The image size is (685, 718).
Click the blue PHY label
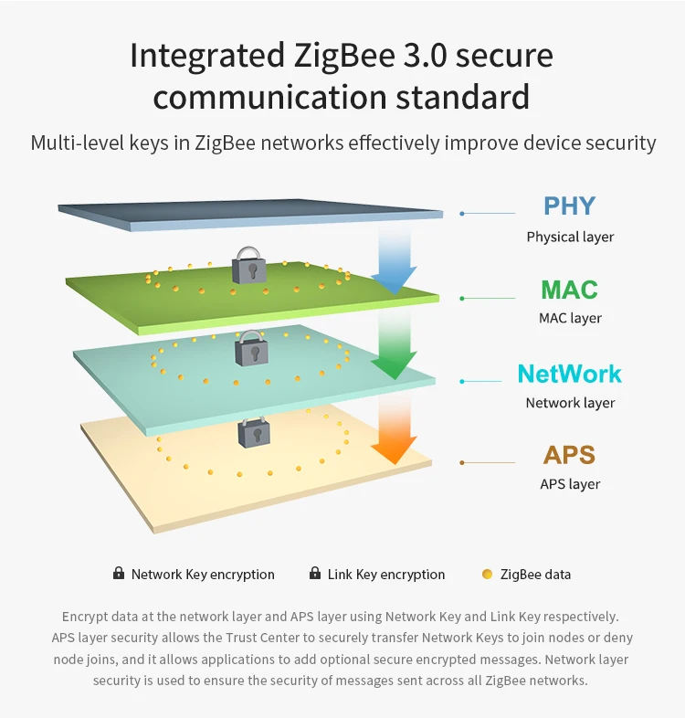pos(569,206)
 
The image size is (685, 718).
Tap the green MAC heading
pos(569,290)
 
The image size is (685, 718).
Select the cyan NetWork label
pos(569,374)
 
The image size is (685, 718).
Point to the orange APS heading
pos(569,455)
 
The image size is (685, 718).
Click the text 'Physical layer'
pos(570,237)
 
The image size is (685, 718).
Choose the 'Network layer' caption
pos(570,403)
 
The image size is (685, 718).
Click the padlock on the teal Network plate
pos(251,348)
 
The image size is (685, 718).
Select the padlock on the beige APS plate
pos(254,431)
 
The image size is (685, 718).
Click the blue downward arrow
pos(394,260)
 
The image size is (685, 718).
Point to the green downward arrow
pos(394,347)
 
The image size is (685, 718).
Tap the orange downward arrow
pos(394,430)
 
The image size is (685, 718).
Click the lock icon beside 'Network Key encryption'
pos(119,574)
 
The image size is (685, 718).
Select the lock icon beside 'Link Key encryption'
pos(315,574)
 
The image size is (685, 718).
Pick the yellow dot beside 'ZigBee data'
pos(487,575)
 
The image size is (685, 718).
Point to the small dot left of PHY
pos(462,214)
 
